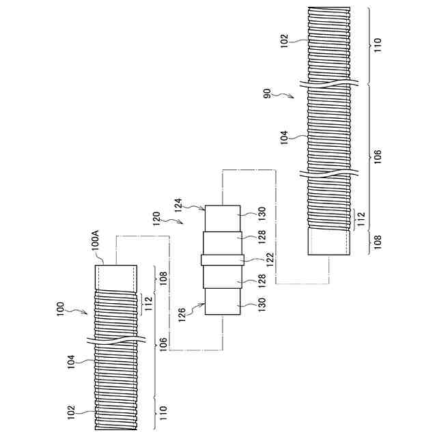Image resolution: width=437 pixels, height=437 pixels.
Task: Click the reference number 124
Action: (178, 202)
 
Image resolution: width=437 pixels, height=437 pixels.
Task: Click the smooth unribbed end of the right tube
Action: (330, 241)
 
